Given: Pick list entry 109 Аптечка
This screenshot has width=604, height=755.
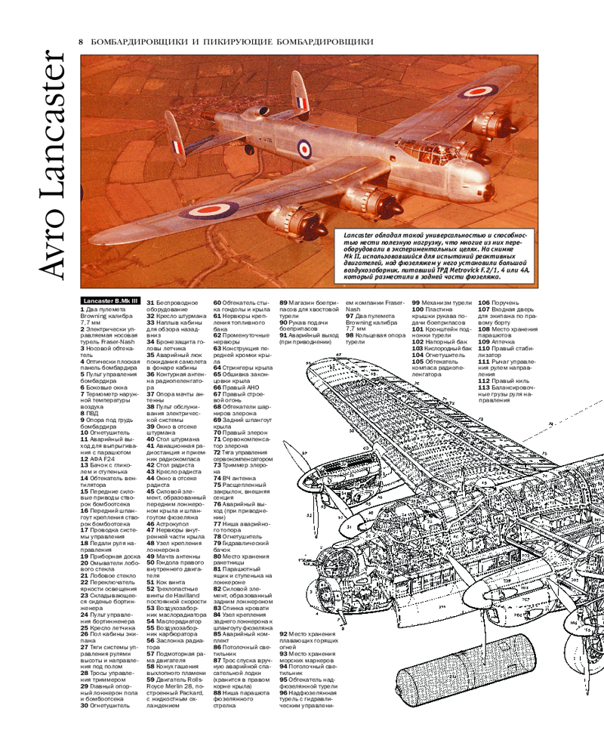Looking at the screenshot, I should (495, 341).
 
